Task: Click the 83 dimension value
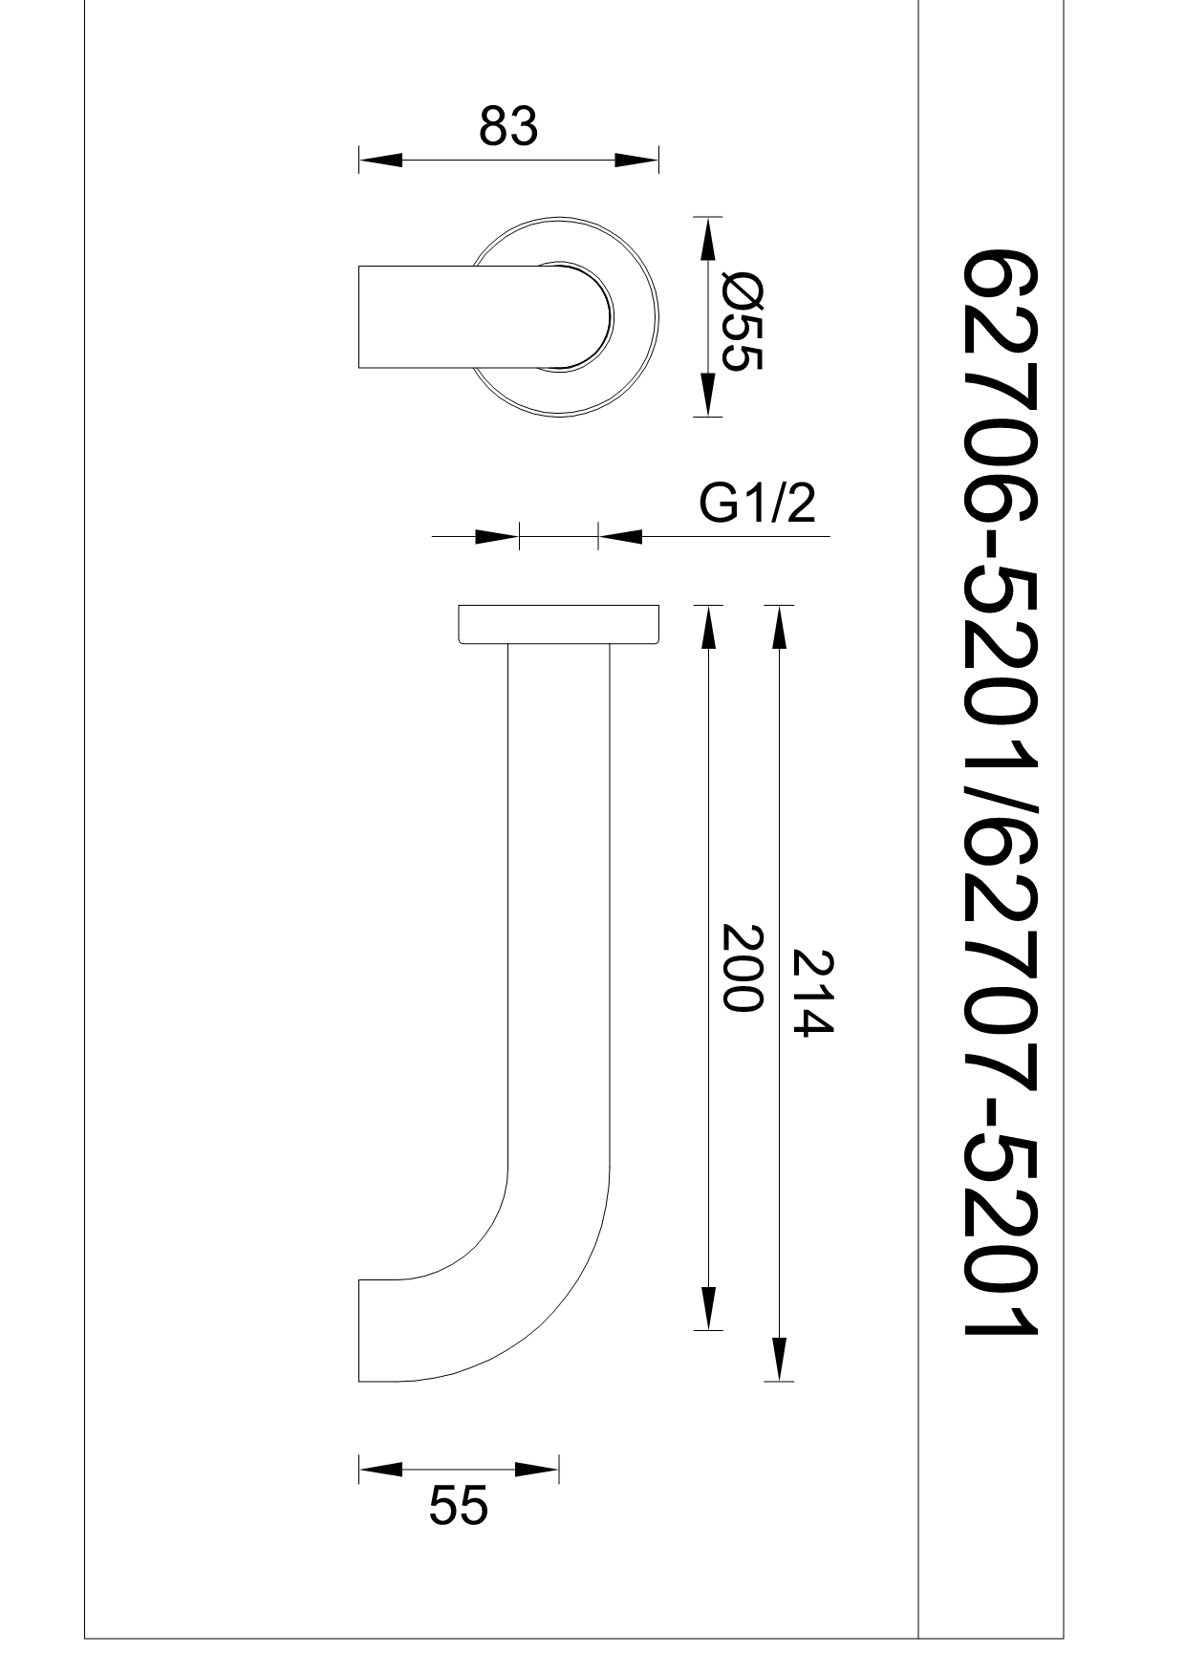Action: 508,126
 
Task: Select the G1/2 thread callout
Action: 757,504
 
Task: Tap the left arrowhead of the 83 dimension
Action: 380,160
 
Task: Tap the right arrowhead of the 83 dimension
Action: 636,160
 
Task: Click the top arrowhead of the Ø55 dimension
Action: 706,240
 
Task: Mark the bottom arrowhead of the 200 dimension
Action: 706,1308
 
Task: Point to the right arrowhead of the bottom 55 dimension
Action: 536,1469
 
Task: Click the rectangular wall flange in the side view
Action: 559,624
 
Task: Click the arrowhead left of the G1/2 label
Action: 619,536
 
